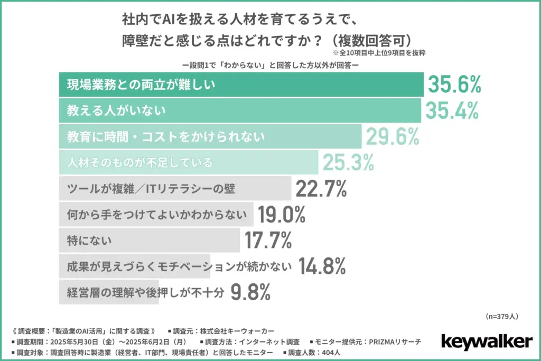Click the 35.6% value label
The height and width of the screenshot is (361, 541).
tap(454, 85)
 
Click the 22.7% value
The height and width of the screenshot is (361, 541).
tap(321, 189)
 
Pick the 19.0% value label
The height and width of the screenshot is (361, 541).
tap(282, 215)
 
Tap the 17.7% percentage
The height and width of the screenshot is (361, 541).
tap(268, 240)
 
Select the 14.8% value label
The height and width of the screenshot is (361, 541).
tap(322, 266)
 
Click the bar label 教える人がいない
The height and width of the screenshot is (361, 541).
tap(117, 110)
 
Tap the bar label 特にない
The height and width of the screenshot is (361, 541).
tap(90, 240)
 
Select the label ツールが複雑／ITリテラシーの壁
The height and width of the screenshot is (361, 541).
tap(151, 189)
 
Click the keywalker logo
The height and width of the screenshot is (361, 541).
tap(486, 340)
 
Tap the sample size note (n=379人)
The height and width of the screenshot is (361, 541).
tap(501, 317)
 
